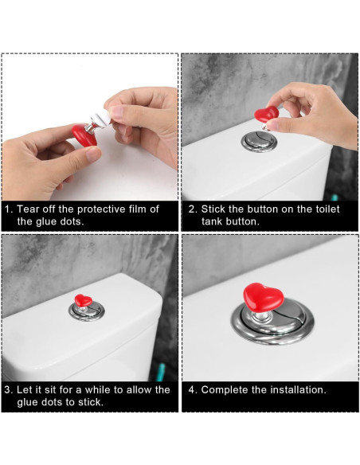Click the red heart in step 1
click(x=84, y=135)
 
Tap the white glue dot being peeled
click(x=101, y=118)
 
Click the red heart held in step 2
click(x=266, y=114)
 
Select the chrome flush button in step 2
click(x=259, y=142)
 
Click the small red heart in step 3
click(x=84, y=300)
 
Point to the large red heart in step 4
click(x=264, y=297)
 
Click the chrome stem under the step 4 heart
click(x=261, y=317)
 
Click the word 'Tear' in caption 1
click(x=28, y=209)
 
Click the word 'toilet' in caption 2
click(x=327, y=209)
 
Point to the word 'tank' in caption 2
click(x=212, y=221)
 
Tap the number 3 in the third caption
click(x=7, y=389)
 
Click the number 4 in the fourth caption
click(x=191, y=389)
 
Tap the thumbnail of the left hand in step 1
click(x=93, y=154)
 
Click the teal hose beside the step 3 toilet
click(x=161, y=372)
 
